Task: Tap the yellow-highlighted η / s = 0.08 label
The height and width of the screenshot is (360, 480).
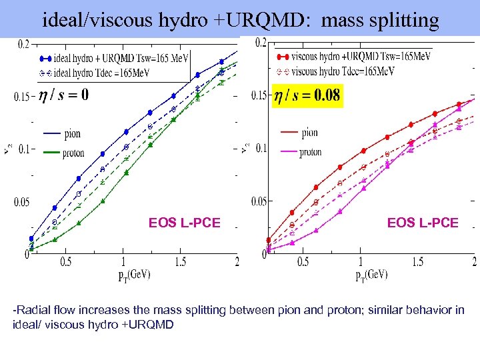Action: [x=307, y=95]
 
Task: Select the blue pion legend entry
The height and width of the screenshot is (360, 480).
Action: [x=63, y=134]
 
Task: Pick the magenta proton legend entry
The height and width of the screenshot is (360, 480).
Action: [x=301, y=152]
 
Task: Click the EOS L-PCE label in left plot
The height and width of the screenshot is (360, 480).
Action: [x=184, y=223]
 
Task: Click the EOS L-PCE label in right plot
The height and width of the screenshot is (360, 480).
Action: [x=423, y=223]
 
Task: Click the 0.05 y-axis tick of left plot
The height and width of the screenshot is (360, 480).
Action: [x=22, y=202]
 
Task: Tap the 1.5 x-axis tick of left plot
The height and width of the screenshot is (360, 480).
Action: [x=180, y=262]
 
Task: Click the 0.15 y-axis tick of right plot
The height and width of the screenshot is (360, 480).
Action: [x=259, y=96]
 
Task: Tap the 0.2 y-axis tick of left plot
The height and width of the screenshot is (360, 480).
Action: [x=23, y=44]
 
